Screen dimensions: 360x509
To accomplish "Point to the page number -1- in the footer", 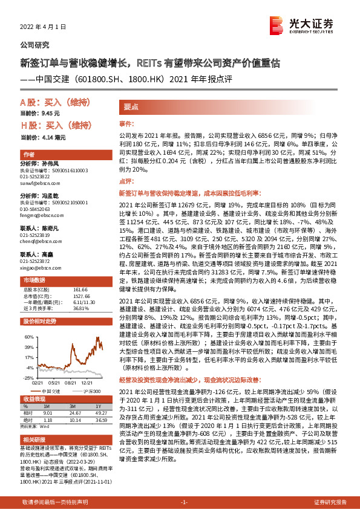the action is [185, 502].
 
